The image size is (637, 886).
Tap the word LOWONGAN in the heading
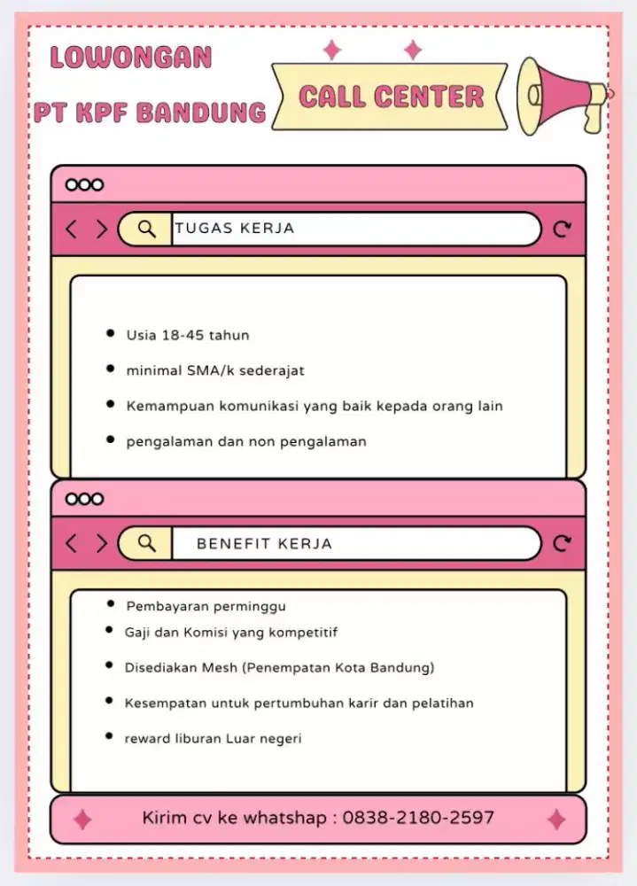131,58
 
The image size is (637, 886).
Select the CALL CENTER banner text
391,97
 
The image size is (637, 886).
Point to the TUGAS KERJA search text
235,229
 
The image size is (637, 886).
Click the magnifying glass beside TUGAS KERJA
147,229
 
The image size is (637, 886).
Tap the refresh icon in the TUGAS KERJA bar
562,230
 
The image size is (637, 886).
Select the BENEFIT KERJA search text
264,544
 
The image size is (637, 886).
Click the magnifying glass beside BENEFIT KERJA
147,543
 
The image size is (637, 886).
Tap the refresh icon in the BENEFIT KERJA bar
562,544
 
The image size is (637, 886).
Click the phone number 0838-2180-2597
418,818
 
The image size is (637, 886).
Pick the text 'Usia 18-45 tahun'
188,336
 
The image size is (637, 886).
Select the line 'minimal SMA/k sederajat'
215,370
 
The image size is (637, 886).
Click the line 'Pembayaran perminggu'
206,607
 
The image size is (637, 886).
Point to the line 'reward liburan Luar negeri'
213,738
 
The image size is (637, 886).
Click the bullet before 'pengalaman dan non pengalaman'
110,439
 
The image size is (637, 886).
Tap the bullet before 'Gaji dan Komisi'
109,630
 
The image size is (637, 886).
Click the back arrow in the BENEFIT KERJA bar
72,543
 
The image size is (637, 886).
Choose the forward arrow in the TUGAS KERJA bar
101,229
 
